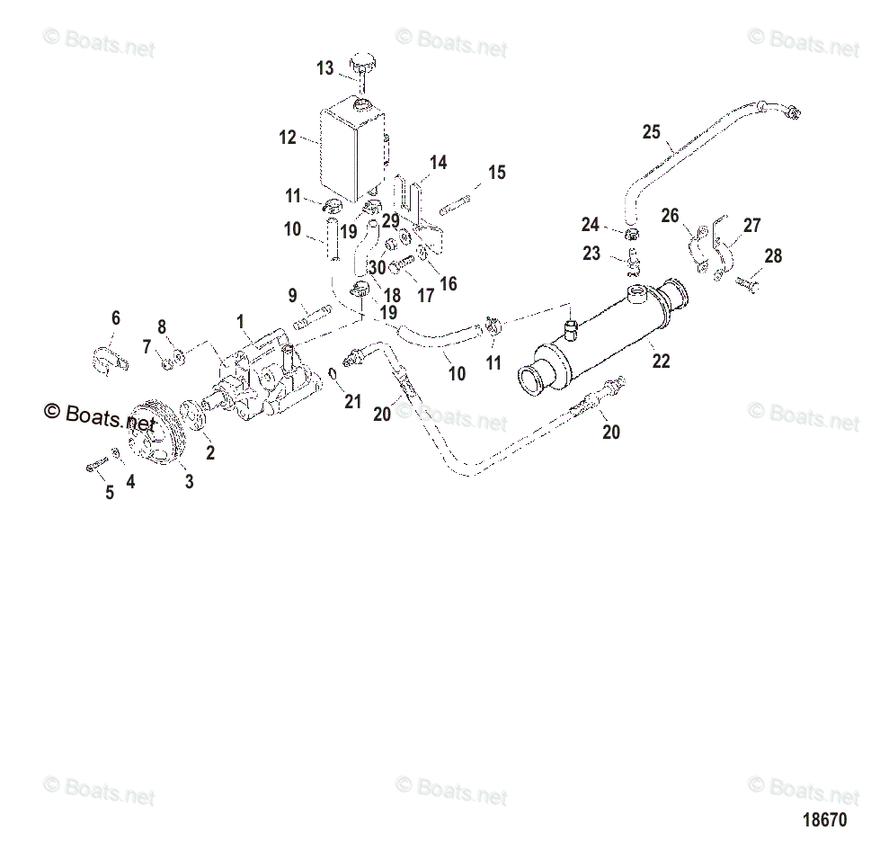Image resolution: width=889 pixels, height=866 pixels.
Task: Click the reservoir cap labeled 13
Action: pos(364,64)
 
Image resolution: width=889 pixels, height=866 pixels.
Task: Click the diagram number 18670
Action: pos(823,820)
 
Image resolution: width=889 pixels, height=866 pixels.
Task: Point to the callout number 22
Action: pos(661,362)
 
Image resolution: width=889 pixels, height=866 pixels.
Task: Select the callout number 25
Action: pos(651,132)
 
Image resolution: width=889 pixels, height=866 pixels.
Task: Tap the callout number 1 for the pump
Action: pos(240,320)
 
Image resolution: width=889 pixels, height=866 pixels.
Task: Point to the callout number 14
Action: pos(438,163)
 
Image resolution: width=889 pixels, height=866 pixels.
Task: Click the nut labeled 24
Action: pos(631,236)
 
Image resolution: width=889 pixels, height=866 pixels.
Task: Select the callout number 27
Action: pos(752,225)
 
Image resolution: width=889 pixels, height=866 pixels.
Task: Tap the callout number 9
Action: pos(292,295)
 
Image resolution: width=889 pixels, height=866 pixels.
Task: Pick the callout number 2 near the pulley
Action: pos(210,452)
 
